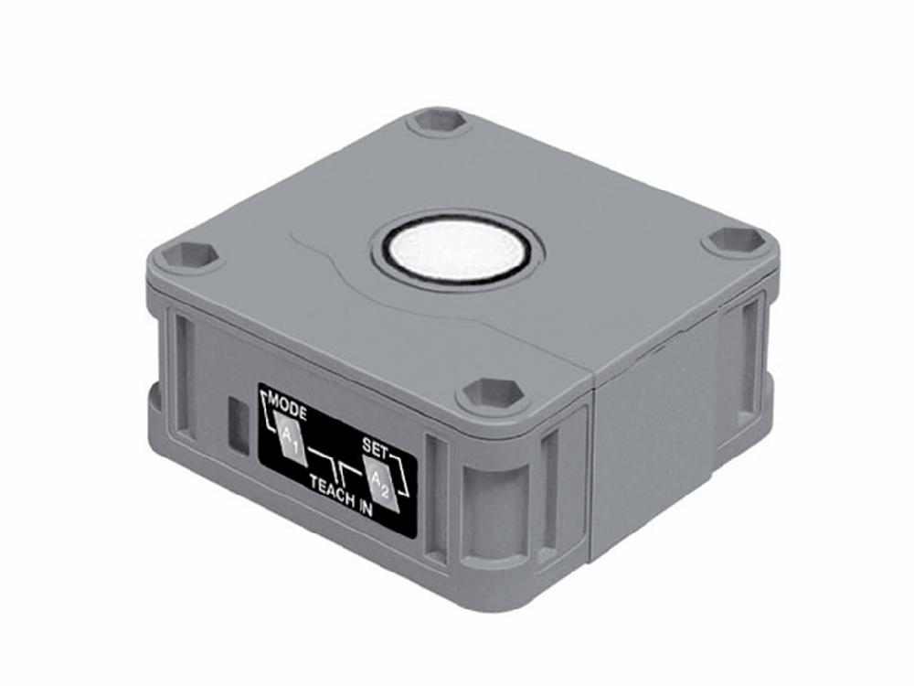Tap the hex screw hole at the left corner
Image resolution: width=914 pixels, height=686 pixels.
tap(189, 253)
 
